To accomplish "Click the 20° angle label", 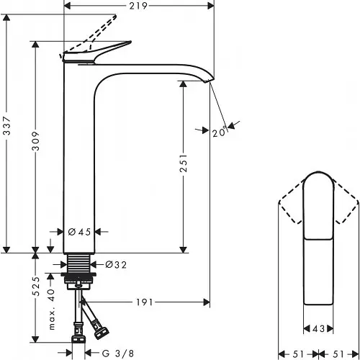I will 220,131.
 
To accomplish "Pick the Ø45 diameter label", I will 78,232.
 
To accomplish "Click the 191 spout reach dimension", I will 145,302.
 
